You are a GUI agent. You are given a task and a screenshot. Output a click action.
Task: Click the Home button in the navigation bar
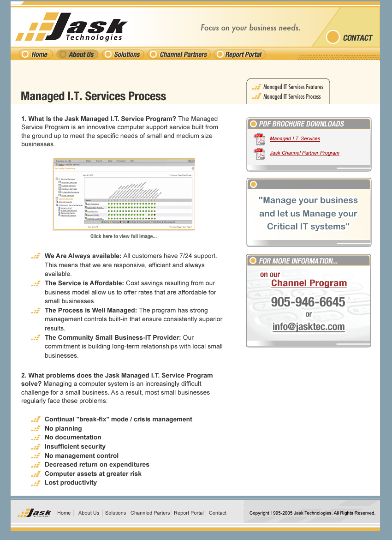36,54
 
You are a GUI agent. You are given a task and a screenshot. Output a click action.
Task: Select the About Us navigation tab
77,54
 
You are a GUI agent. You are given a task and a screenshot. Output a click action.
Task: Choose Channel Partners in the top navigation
179,54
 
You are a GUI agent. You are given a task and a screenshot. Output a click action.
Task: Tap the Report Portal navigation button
239,54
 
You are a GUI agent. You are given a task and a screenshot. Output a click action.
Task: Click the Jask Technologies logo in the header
72,28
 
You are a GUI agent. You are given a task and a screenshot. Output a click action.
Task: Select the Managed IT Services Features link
293,87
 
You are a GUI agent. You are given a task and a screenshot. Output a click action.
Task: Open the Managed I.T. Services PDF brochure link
295,138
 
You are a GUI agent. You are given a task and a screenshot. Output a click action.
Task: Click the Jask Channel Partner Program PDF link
304,153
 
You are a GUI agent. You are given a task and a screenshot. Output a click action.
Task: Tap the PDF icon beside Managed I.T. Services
260,139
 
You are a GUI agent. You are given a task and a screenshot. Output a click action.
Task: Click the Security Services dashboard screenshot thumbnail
124,194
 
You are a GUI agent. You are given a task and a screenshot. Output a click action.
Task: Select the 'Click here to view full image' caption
124,236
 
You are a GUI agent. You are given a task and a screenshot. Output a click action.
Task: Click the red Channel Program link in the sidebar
309,283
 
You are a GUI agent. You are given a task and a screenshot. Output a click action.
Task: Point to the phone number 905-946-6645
308,302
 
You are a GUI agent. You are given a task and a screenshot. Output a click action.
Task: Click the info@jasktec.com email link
309,327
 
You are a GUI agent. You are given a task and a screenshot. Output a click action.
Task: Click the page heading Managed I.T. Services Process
93,96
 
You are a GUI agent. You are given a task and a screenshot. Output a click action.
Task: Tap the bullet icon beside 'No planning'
36,429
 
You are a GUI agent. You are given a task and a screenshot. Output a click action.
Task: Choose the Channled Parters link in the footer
150,513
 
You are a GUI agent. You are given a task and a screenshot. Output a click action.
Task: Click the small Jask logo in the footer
34,513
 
